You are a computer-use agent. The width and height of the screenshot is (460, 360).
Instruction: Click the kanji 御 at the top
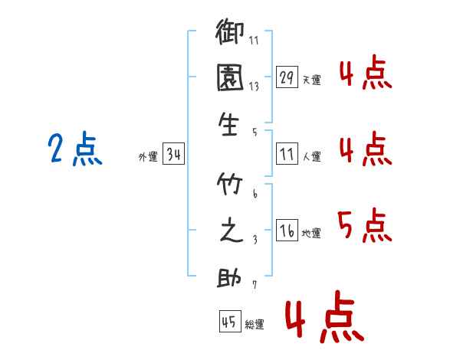[229, 31]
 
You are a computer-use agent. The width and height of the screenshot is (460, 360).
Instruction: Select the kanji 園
[230, 77]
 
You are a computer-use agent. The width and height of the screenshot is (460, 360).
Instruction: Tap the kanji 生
[228, 125]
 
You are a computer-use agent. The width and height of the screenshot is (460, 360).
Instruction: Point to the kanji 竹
[229, 184]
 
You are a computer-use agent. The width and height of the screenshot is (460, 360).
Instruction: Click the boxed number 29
[287, 77]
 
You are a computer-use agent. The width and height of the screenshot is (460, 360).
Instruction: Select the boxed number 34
[173, 153]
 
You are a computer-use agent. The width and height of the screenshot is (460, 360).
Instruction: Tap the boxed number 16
[287, 230]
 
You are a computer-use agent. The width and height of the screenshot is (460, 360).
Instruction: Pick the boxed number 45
[230, 321]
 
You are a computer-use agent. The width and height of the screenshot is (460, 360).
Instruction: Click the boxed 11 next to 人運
[287, 153]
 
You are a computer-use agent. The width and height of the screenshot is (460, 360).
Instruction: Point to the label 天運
[311, 80]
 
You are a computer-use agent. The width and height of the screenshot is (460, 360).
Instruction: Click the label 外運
[148, 156]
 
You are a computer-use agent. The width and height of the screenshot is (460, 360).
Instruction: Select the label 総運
[255, 324]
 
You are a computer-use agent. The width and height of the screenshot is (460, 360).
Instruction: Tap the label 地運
[311, 233]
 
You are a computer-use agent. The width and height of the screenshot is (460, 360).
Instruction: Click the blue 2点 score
[75, 149]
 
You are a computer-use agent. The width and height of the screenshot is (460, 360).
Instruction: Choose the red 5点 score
[365, 225]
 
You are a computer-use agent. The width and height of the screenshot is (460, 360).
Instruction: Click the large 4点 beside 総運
[325, 316]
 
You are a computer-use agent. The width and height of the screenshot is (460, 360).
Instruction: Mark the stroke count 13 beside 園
[254, 87]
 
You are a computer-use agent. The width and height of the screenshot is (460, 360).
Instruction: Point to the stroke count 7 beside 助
[255, 284]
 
